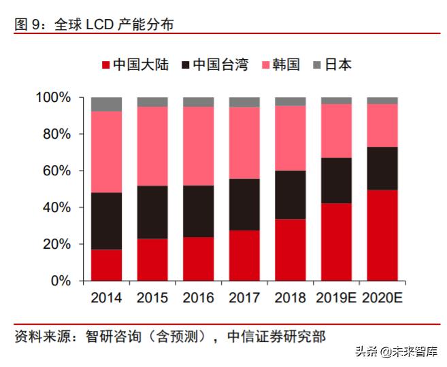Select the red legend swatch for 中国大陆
click(104, 65)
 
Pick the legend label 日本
click(338, 65)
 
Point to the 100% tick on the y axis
click(53, 98)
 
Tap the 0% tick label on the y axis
click(61, 281)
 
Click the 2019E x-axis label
click(335, 298)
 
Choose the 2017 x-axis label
click(244, 298)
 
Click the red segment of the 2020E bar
click(382, 235)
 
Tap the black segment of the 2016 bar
click(198, 211)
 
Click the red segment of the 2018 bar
click(290, 249)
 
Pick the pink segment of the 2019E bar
click(336, 130)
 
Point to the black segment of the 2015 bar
click(152, 212)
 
